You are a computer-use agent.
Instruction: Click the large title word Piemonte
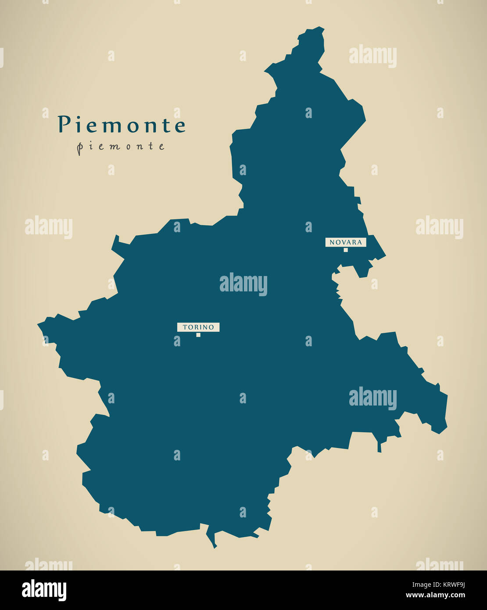122,125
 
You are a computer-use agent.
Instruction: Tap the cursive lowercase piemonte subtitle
121,147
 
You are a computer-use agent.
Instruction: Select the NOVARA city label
346,242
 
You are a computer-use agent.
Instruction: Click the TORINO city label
198,327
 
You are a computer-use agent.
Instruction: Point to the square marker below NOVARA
346,250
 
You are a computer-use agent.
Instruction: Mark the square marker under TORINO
198,335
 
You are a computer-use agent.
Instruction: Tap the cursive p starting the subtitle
79,148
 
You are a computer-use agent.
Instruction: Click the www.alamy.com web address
435,596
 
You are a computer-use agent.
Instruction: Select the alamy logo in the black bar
44,590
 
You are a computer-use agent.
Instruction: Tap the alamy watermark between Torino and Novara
243,284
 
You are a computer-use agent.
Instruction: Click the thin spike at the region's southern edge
215,546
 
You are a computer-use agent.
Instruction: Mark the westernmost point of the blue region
39,325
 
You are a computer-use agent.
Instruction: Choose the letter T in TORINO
185,327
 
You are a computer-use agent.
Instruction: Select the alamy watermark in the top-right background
372,56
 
